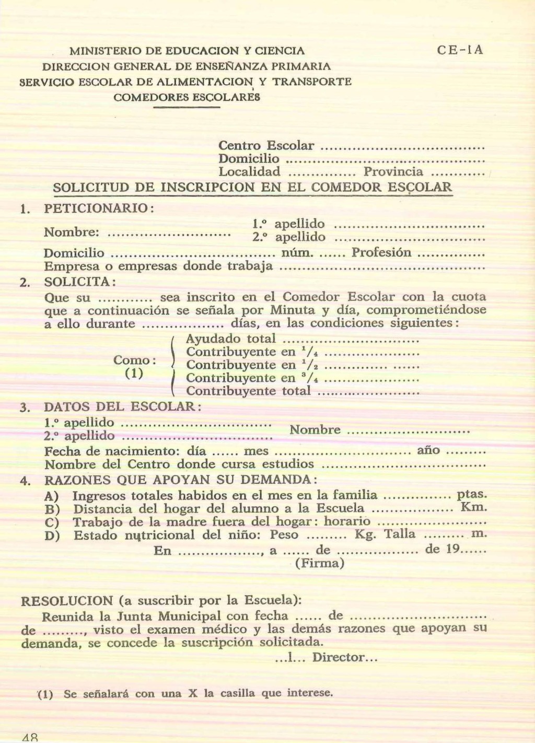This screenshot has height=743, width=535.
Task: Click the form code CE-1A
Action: [460, 50]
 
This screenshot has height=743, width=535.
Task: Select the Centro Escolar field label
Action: [266, 145]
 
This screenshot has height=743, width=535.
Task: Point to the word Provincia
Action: [393, 172]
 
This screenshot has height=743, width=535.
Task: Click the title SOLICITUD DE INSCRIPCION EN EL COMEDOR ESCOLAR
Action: [253, 187]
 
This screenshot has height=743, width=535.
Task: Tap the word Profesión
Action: [381, 253]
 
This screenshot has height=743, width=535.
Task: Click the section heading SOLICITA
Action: [78, 282]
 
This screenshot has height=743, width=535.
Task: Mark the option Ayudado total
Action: [230, 339]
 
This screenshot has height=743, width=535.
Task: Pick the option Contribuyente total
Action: [248, 391]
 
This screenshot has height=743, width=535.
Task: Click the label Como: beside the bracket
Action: [134, 361]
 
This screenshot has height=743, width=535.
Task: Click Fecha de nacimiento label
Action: [112, 451]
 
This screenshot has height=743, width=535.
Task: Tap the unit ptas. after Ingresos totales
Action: [472, 494]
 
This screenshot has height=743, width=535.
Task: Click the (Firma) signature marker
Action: [320, 563]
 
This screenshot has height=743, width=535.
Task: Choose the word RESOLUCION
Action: [66, 601]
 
